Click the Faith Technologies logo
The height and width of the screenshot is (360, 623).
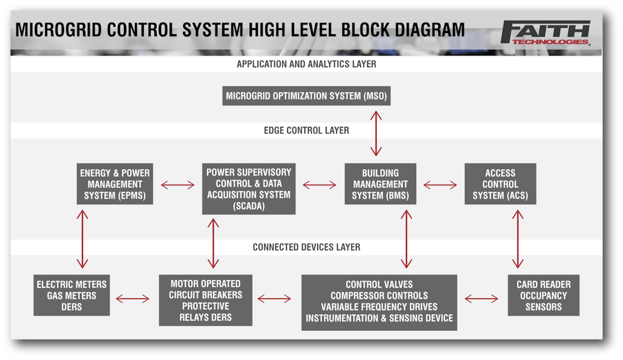point(545,33)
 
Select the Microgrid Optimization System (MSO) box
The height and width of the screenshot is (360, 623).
point(306,96)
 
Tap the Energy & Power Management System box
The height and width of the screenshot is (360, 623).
point(115,184)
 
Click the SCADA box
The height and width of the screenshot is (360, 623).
point(249,189)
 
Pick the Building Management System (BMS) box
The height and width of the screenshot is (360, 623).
point(380,184)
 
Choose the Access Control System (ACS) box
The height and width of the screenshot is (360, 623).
point(500,184)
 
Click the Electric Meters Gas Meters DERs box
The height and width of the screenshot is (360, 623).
point(71,295)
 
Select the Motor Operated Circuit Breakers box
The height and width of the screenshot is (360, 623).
point(206,300)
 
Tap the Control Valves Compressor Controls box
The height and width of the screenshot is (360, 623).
point(379,301)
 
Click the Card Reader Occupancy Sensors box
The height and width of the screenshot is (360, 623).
point(543,295)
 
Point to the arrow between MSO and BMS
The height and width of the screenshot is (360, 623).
point(378,133)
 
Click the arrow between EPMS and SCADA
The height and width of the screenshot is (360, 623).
point(178,184)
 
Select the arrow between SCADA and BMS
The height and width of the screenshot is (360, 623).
point(320,184)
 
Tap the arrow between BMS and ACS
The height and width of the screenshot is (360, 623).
point(440,184)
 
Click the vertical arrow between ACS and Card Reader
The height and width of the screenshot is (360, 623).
point(518,239)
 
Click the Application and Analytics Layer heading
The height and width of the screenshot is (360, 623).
point(306,64)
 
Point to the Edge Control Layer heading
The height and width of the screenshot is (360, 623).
point(306,131)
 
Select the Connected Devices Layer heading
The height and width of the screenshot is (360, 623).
point(306,247)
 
